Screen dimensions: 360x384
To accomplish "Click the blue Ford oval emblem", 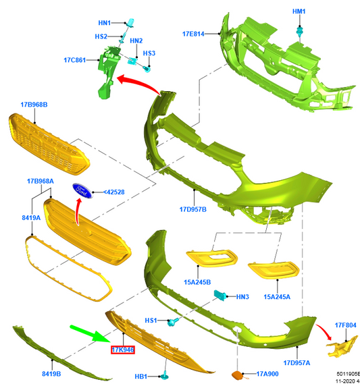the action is tap(82, 190).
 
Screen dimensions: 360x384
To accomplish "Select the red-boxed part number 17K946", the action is tap(123, 350).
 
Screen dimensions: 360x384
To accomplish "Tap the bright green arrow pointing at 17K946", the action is tap(91, 333).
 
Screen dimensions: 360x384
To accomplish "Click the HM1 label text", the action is tap(299, 11).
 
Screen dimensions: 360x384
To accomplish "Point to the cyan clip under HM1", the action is tap(299, 32).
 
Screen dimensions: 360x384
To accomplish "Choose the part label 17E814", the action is tap(193, 34).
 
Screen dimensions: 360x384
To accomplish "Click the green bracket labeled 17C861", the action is tap(108, 72).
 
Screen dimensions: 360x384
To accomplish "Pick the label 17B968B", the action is tap(34, 105).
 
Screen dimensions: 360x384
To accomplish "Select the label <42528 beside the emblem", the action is tap(113, 192).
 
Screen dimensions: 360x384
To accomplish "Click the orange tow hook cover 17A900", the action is tap(237, 375).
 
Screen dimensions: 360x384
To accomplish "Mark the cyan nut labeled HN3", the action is tap(220, 295).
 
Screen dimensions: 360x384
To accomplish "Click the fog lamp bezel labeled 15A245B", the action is tap(211, 258).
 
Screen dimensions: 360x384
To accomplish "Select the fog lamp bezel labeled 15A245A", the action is tap(274, 270).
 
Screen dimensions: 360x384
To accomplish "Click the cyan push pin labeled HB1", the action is tap(164, 375).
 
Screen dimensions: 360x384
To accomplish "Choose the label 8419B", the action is tap(51, 374).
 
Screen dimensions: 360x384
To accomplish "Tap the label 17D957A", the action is tap(297, 362).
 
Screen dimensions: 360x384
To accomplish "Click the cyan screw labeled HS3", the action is tap(147, 70).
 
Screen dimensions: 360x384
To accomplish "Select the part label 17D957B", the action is tap(193, 209).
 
